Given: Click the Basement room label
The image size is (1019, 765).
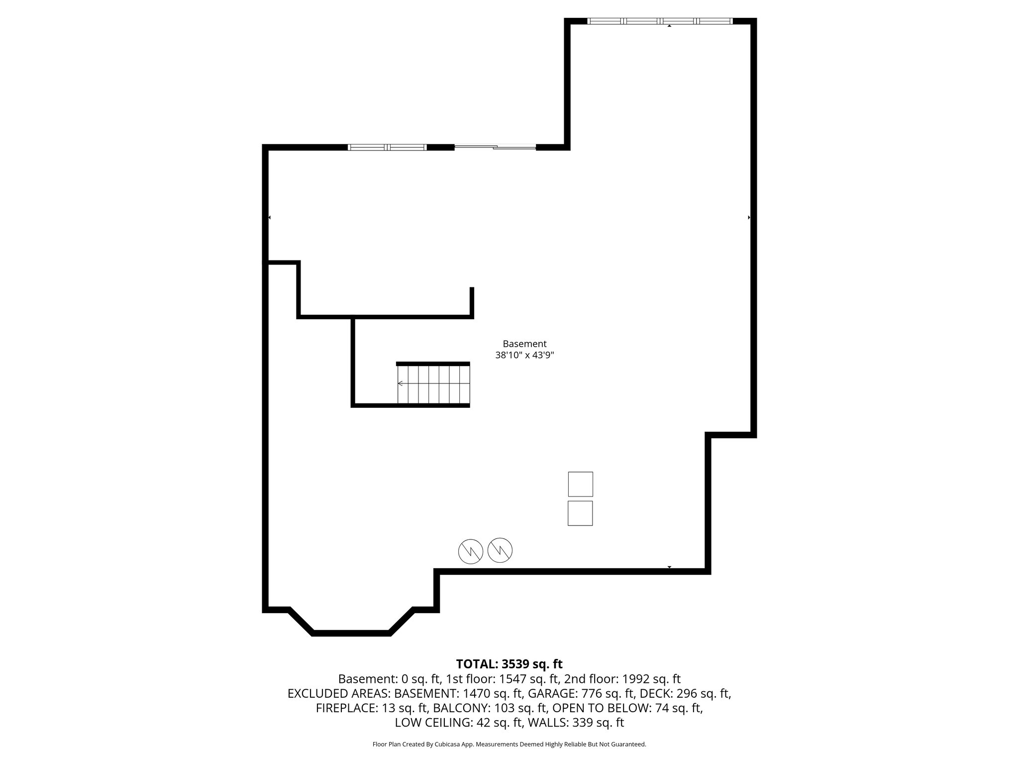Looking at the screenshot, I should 524,344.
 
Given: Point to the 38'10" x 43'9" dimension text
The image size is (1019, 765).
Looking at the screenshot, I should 524,355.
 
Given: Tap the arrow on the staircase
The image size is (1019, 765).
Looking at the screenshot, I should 401,383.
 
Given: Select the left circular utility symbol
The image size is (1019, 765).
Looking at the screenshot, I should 471,551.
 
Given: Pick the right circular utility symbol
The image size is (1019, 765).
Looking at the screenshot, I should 500,550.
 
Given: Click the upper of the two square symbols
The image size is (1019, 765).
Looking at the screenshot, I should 580,484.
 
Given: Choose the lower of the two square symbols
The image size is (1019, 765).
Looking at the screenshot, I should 580,513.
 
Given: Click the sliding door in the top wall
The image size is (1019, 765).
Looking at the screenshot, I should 495,147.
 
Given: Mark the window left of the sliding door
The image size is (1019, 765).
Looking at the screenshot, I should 387,147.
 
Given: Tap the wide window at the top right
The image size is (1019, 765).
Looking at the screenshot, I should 660,21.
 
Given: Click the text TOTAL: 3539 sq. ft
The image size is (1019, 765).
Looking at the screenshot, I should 509,664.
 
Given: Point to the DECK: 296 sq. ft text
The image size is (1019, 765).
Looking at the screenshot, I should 685,693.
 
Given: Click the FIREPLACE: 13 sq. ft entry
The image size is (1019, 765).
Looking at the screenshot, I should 372,708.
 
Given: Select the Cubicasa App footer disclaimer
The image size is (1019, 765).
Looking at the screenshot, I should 509,744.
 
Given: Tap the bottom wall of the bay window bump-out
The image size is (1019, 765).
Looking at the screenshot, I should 351,633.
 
